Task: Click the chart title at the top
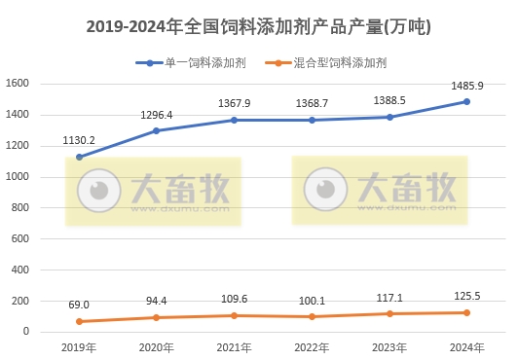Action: pos(258,27)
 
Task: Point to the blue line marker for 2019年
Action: pos(79,157)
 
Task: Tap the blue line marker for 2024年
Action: pos(466,101)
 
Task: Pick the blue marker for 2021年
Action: pos(234,120)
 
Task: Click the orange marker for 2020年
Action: pos(156,317)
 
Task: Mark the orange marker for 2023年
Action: pos(389,313)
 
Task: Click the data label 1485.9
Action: pos(466,85)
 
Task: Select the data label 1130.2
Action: pos(79,140)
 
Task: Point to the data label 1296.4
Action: pos(156,114)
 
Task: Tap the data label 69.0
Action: pos(79,305)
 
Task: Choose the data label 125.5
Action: pos(466,296)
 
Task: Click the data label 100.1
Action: pos(312,300)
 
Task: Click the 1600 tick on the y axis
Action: pos(19,84)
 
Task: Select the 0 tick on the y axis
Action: pos(27,332)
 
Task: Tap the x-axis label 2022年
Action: pos(312,347)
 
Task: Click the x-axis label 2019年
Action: pos(79,347)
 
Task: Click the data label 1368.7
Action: pos(312,103)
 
